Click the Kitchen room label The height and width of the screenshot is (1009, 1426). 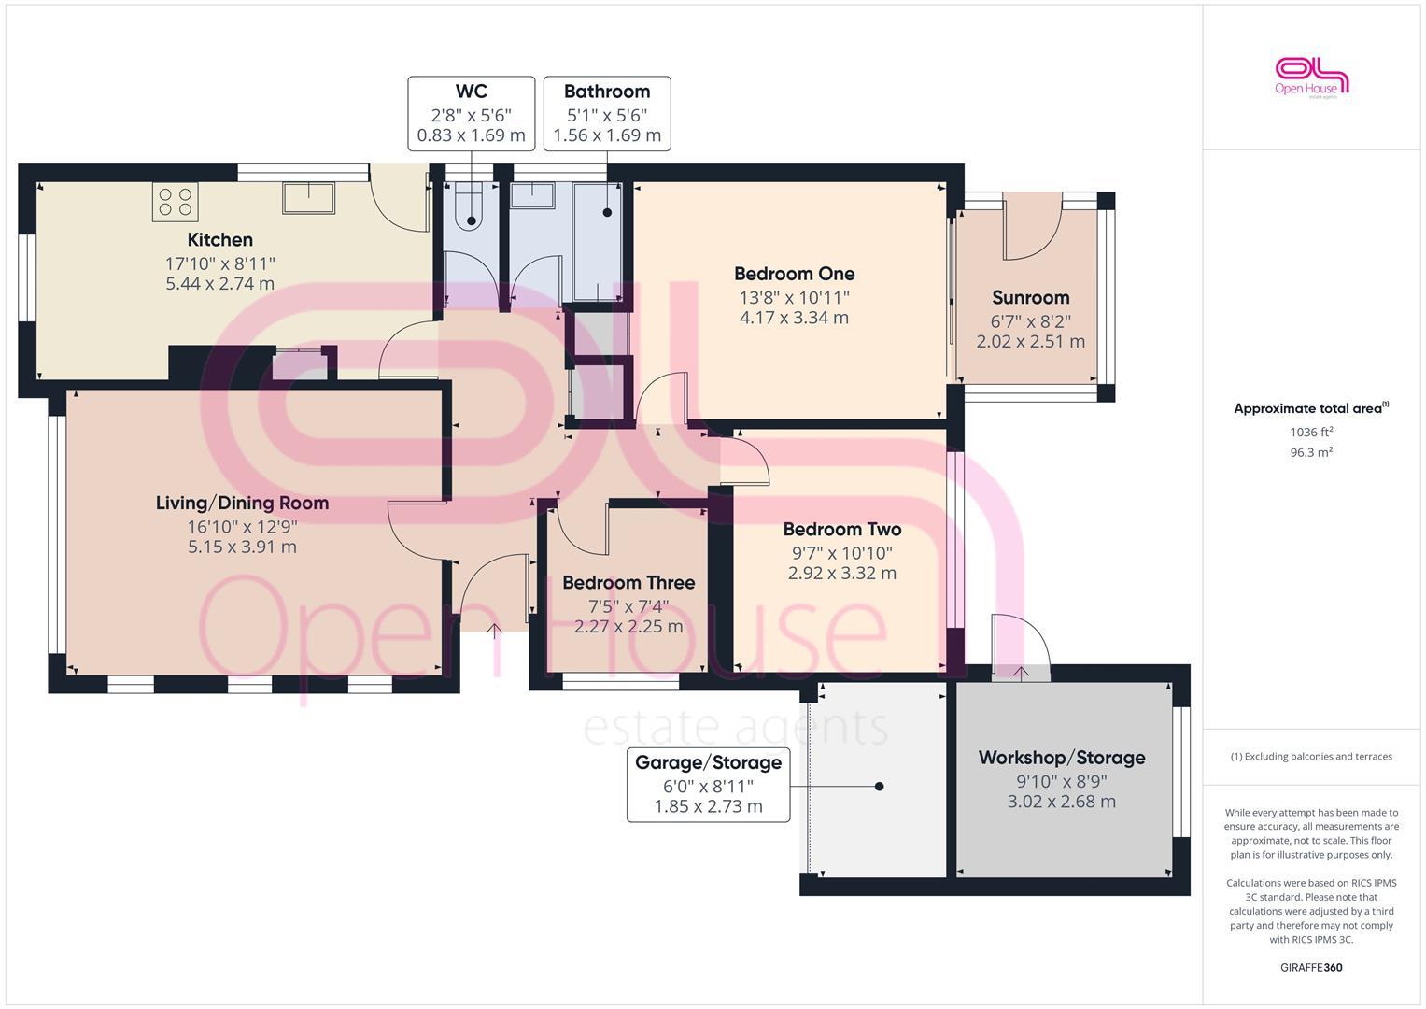pos(219,239)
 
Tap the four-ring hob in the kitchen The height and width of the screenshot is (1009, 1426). pos(175,201)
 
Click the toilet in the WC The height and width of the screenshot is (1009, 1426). pos(469,210)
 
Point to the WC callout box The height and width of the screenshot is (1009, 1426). pos(471,113)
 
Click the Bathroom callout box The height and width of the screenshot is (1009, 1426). pos(607,113)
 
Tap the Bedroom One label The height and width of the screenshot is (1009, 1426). pos(794,274)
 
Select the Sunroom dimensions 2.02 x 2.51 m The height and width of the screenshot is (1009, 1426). pos(1030,341)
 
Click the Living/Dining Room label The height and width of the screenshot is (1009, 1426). pos(242,503)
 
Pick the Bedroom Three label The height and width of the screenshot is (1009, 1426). pos(628,582)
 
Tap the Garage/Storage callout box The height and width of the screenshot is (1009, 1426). pos(708,785)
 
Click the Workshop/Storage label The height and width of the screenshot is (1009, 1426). pos(1062,757)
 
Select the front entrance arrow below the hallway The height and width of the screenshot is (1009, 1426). pos(494,632)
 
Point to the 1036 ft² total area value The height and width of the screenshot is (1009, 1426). pos(1310,432)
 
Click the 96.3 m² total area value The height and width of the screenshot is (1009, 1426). pos(1310,452)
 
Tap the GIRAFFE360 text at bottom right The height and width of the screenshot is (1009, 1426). pos(1310,967)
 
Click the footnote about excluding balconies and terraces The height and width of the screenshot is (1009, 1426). pos(1310,757)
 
